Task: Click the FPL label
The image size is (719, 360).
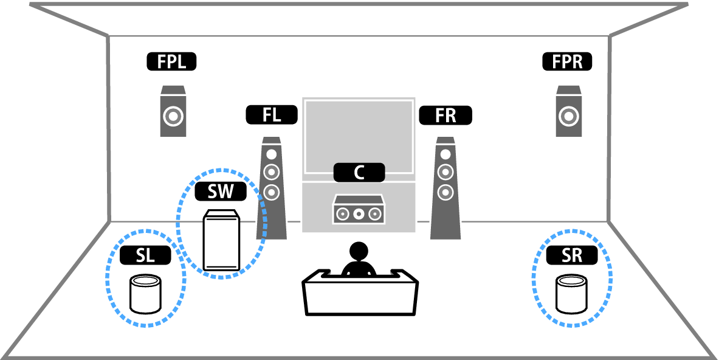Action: (171, 61)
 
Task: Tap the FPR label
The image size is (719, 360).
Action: (567, 61)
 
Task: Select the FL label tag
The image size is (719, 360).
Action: (272, 114)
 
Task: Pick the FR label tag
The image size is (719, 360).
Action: (445, 114)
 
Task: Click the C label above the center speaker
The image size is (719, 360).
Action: (359, 172)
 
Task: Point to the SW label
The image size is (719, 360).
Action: (221, 192)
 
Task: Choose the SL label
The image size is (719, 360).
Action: (145, 255)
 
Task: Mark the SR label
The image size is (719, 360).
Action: (571, 255)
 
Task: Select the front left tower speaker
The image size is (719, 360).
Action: (272, 189)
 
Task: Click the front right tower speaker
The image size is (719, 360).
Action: (446, 189)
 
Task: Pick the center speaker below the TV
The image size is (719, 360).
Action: (359, 210)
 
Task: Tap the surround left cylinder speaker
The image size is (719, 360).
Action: (146, 294)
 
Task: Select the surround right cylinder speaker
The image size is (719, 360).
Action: (573, 294)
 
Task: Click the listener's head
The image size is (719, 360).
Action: (359, 251)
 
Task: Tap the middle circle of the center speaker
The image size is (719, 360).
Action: (359, 213)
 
